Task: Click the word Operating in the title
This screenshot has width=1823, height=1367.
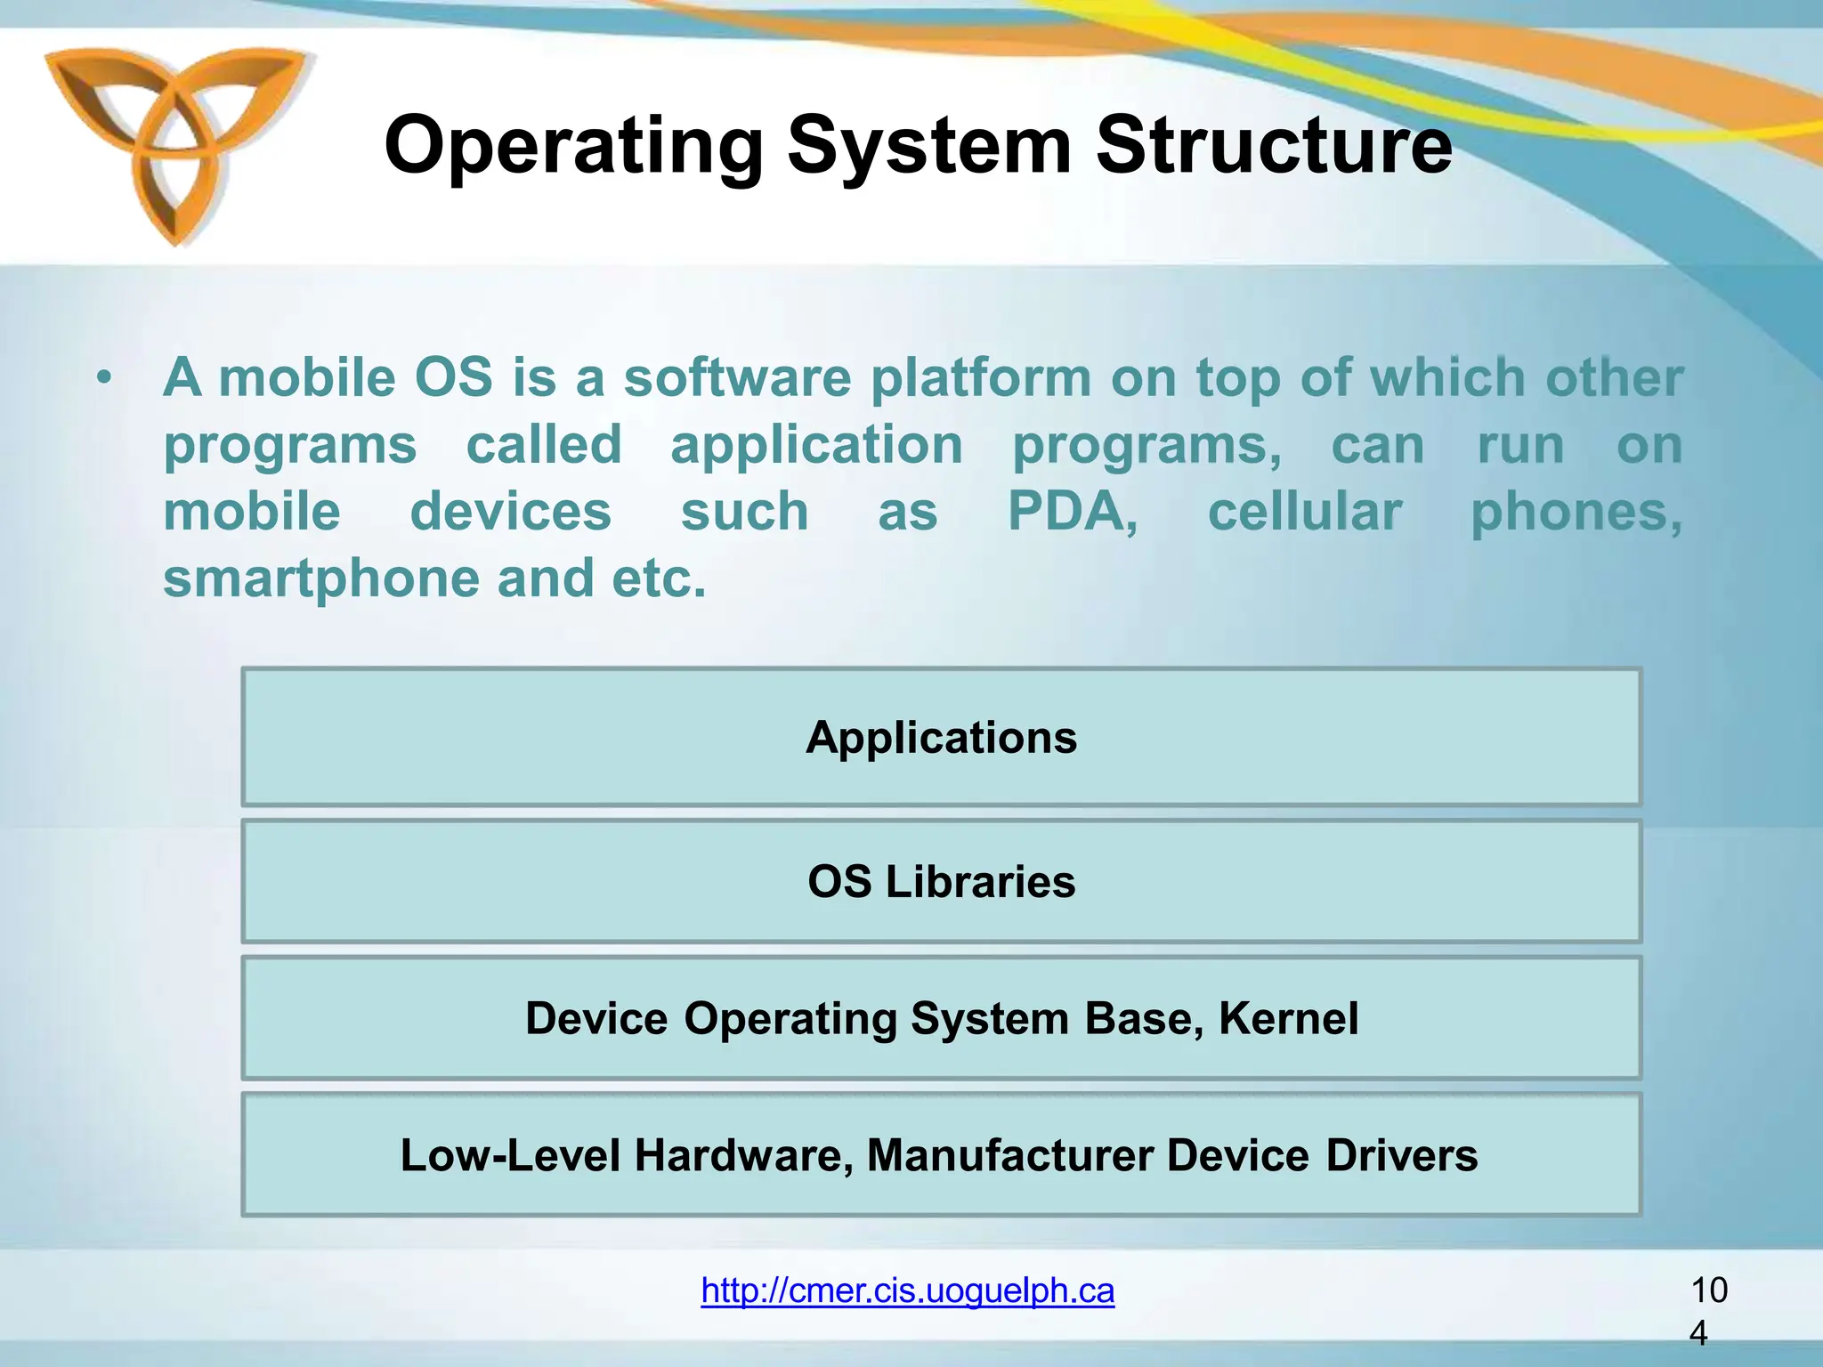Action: click(573, 147)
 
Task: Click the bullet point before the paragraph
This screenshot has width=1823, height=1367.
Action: click(105, 379)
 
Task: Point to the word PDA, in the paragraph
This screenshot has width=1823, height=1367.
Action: click(1073, 512)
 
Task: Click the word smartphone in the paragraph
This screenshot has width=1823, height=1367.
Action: click(320, 579)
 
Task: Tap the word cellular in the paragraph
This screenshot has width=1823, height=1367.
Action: click(1304, 512)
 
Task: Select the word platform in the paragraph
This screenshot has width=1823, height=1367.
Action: click(980, 378)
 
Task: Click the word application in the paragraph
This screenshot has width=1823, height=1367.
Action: click(816, 445)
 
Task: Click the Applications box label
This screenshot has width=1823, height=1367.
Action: click(941, 738)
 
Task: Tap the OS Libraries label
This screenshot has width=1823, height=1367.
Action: click(941, 882)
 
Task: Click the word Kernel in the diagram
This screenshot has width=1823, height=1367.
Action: click(1288, 1018)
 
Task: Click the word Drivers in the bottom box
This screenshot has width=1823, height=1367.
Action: click(1401, 1155)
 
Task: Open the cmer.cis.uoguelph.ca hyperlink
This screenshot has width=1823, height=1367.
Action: click(907, 1290)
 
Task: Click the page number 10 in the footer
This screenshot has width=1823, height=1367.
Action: click(1708, 1290)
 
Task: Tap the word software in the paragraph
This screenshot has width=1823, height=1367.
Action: click(737, 378)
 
